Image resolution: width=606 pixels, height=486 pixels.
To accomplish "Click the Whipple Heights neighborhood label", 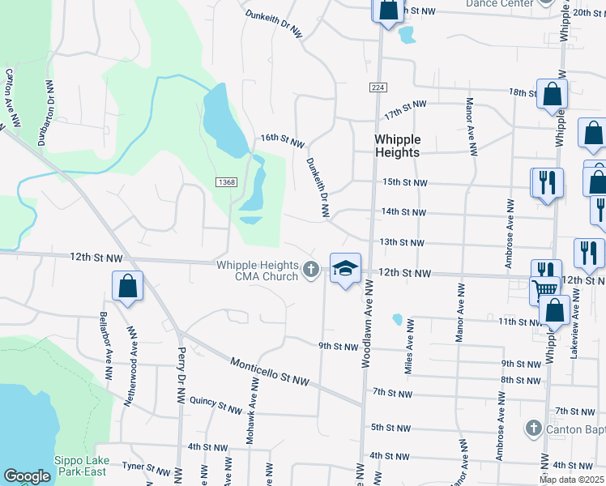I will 397,146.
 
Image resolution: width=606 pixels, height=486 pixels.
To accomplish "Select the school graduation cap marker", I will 345,269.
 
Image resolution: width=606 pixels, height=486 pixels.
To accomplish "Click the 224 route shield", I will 378,87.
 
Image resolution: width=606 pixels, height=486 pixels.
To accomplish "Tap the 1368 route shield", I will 226,182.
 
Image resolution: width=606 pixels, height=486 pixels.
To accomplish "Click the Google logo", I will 28,476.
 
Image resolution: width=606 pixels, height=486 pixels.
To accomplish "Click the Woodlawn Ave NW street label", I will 365,323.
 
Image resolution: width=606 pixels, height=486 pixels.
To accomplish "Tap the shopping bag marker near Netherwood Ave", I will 128,286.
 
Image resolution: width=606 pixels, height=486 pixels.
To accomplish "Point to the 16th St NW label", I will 282,141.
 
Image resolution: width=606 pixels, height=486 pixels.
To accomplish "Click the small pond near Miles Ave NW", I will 397,319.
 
